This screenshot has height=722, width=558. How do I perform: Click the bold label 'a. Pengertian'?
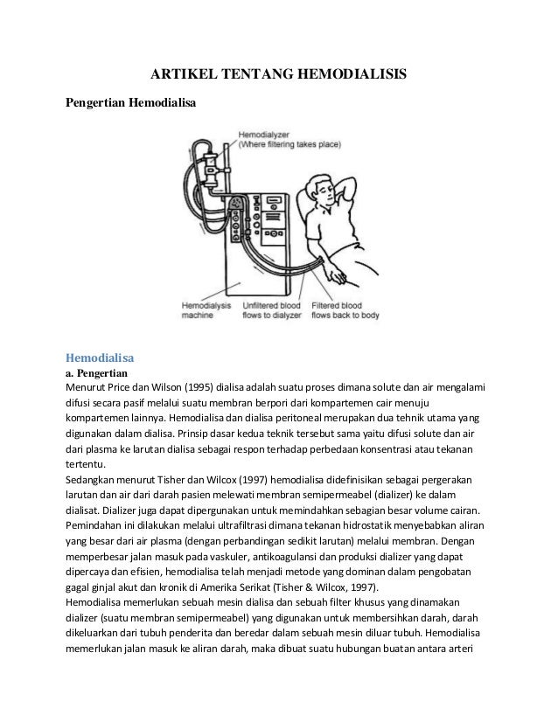99,372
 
